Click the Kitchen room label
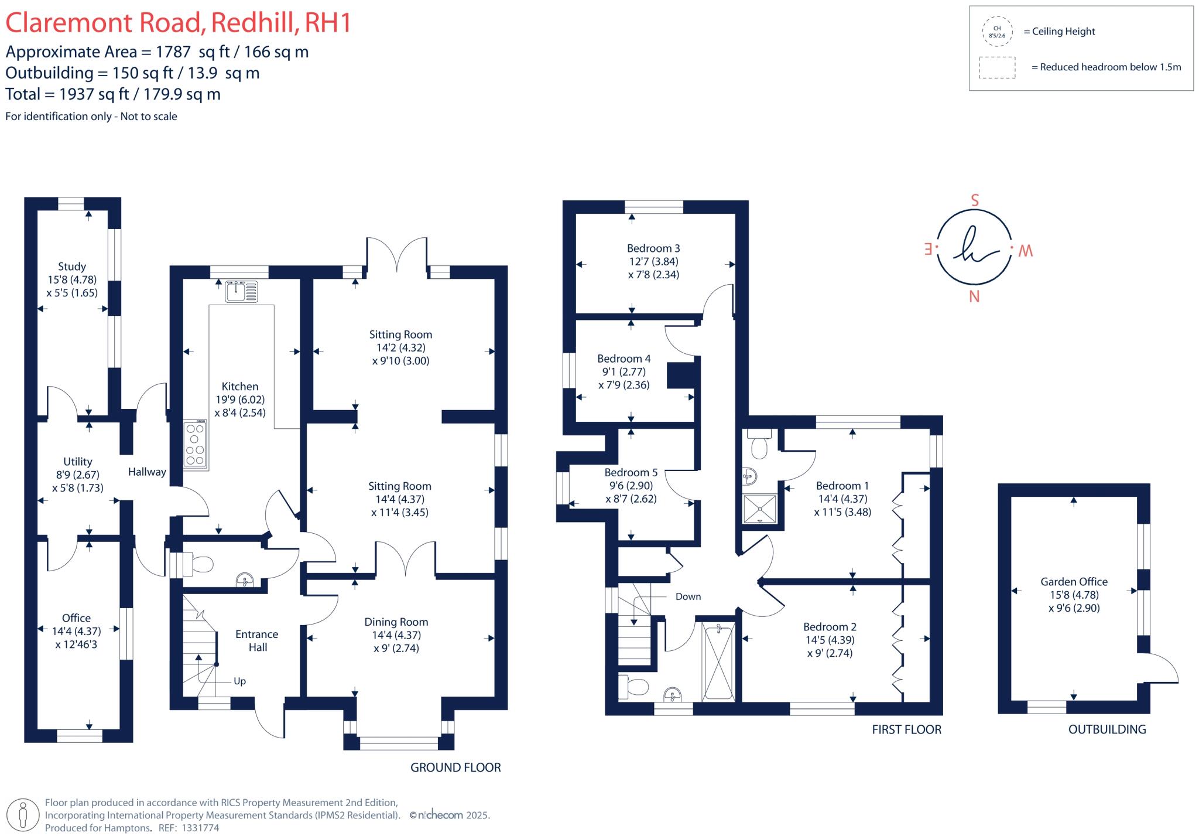click(x=239, y=386)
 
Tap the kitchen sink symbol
click(x=241, y=291)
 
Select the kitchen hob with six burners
click(x=196, y=445)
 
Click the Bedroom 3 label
click(x=653, y=248)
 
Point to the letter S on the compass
click(x=975, y=200)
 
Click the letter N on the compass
click(x=974, y=296)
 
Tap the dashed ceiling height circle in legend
click(x=997, y=32)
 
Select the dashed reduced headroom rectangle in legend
click(x=997, y=67)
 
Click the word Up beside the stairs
click(x=239, y=681)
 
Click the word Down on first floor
click(x=688, y=596)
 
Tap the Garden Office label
click(x=1074, y=582)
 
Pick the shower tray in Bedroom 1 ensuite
click(x=760, y=509)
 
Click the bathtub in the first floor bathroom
click(x=718, y=660)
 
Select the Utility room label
click(x=77, y=462)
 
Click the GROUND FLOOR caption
click(x=455, y=767)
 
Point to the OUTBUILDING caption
click(x=1107, y=729)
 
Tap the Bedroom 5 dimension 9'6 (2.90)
click(x=631, y=486)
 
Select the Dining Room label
click(x=396, y=622)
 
